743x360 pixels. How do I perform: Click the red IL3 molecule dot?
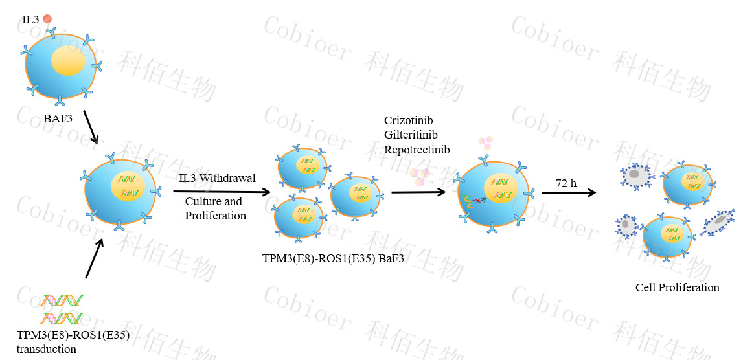pos(47,19)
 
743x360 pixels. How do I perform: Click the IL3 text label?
pos(31,20)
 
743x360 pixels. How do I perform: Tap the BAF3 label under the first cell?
pos(58,118)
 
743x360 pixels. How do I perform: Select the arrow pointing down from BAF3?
pos(90,127)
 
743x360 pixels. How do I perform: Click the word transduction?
pos(46,350)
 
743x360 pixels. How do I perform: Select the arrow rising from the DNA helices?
pos(94,258)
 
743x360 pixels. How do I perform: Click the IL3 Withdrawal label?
pos(218,179)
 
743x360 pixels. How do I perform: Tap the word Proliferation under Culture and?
pos(216,216)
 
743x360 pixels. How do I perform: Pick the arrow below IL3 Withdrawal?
pos(222,192)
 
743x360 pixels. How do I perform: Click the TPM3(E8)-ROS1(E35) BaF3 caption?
pos(333,260)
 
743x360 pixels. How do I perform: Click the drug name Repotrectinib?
pos(417,150)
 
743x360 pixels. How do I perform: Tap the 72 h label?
pos(567,183)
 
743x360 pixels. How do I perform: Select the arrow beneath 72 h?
pos(569,192)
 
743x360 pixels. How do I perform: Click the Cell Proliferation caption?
pos(678,287)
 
